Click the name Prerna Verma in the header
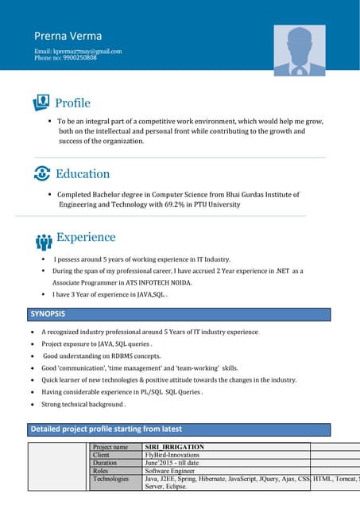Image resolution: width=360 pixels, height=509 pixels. pos(68,36)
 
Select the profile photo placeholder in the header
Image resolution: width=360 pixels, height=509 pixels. pos(299,50)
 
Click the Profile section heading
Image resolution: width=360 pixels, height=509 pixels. pos(72,103)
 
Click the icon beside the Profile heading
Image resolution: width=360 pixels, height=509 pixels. pos(41,103)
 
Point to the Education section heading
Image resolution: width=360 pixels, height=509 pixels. pos(83,173)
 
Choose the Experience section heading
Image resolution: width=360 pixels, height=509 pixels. pos(86,237)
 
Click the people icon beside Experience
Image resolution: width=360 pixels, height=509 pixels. pos(44,241)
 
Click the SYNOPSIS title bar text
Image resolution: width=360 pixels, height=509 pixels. pos(48,313)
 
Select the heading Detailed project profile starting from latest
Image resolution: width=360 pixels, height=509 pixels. pos(106,429)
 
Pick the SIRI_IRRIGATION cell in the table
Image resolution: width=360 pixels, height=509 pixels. pos(174,447)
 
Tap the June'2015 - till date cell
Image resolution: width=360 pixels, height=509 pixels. pos(172,463)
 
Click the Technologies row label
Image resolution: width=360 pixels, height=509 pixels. pos(110,479)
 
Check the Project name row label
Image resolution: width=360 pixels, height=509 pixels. pos(110,447)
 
